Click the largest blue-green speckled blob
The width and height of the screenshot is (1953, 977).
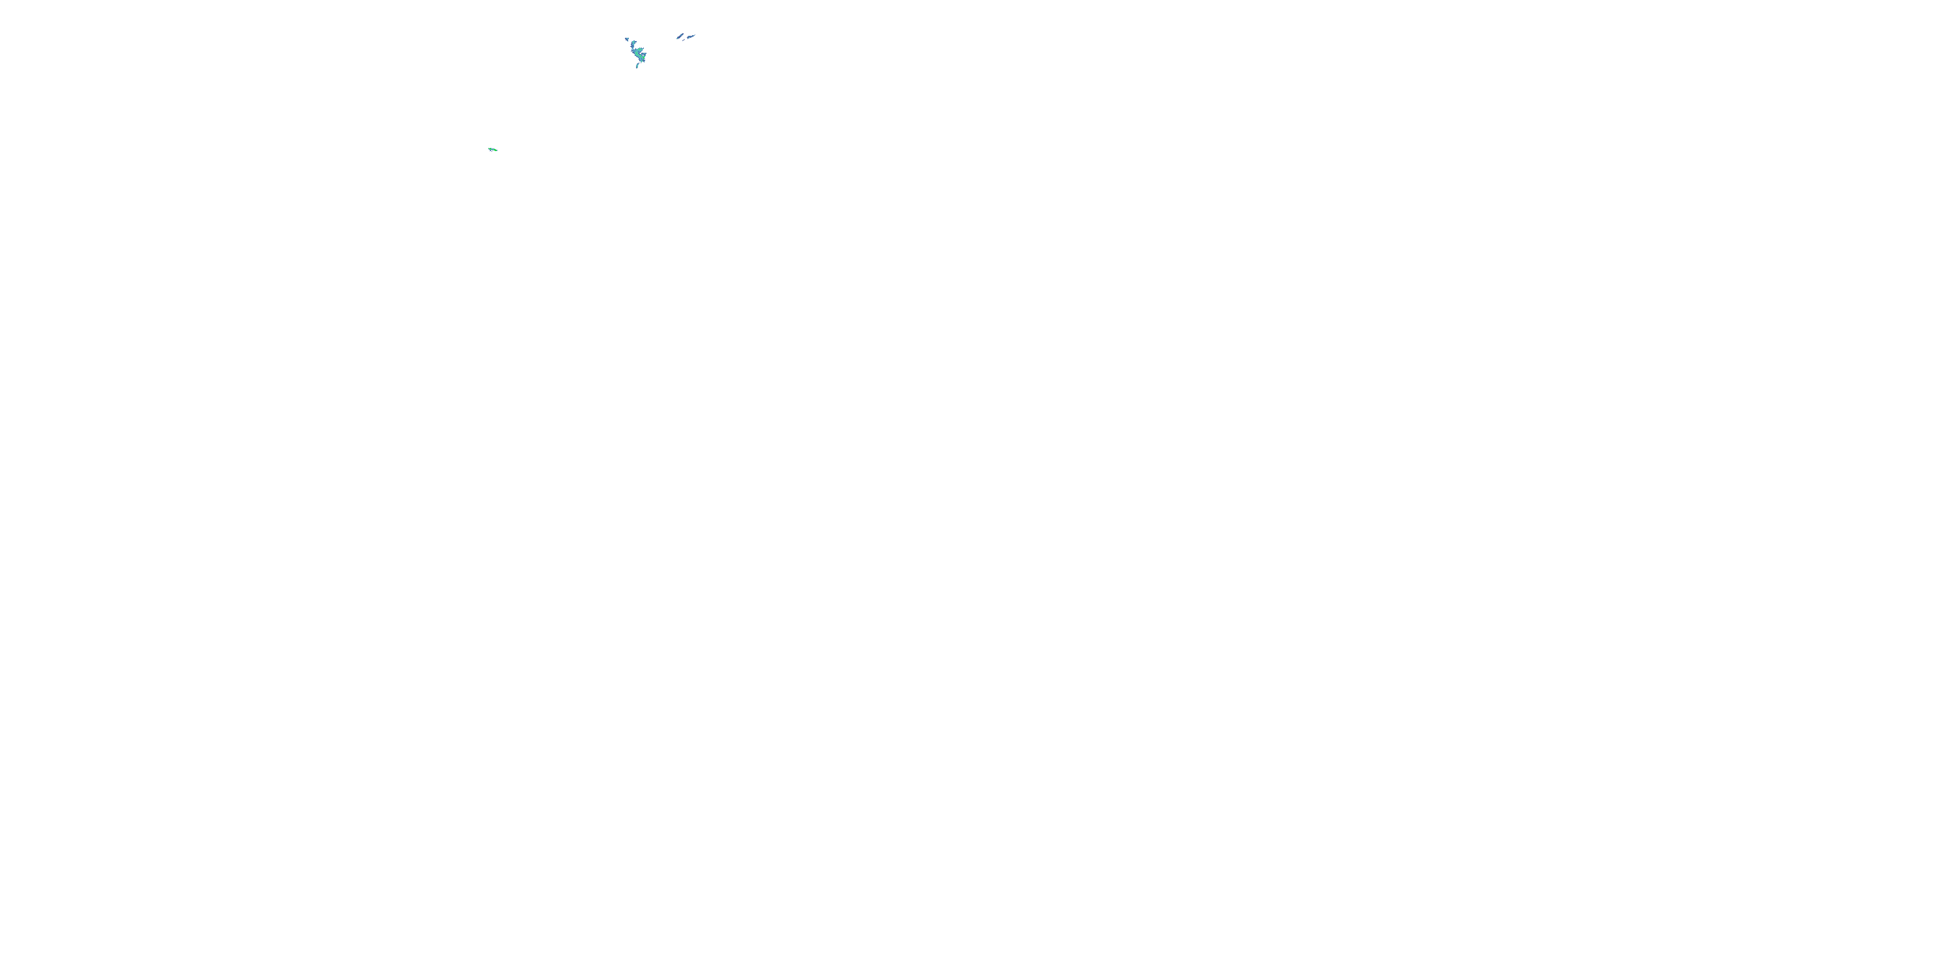click(637, 54)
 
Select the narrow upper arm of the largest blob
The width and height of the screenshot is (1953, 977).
click(633, 45)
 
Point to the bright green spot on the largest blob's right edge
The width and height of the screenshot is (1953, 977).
click(644, 59)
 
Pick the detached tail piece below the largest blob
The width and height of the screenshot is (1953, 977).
click(637, 66)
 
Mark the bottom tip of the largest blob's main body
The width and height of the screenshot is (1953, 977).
click(642, 62)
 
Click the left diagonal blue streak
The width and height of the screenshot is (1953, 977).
click(681, 36)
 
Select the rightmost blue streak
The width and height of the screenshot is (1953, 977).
click(691, 37)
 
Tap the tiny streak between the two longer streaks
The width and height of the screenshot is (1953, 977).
click(684, 40)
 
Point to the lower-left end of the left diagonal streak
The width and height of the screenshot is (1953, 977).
click(677, 38)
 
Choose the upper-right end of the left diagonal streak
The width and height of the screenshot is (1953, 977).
click(684, 34)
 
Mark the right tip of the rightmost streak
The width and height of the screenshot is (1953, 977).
click(695, 35)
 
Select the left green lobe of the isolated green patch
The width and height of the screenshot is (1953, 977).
click(490, 149)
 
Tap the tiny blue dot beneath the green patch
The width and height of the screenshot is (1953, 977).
click(492, 152)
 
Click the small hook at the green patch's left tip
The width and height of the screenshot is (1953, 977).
click(489, 148)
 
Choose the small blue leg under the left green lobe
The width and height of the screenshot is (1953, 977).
click(490, 151)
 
